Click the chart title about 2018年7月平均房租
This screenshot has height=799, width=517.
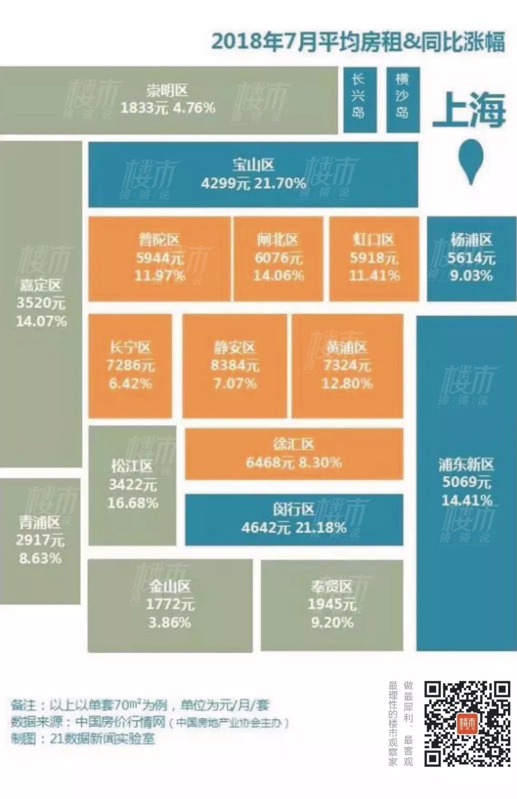(x=358, y=42)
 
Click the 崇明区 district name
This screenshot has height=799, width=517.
(x=167, y=91)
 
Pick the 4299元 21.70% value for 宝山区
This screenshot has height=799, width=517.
(x=253, y=183)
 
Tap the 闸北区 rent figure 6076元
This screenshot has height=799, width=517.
(x=278, y=258)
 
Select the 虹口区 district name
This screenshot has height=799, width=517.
(x=374, y=240)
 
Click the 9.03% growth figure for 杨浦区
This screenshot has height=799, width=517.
(x=471, y=276)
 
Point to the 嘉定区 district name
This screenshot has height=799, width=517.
(x=40, y=285)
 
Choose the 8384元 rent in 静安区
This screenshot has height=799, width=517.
(x=234, y=366)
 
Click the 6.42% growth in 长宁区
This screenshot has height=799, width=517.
(x=130, y=384)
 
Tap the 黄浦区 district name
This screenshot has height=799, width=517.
(x=347, y=348)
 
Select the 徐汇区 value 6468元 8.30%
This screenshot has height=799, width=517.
(x=294, y=462)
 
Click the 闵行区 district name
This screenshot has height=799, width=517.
(x=294, y=509)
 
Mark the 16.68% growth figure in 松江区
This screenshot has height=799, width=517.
(x=132, y=503)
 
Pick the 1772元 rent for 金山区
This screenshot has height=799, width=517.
(x=170, y=604)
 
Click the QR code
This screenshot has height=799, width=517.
(x=467, y=724)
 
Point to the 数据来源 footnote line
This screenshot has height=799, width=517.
(x=150, y=722)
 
